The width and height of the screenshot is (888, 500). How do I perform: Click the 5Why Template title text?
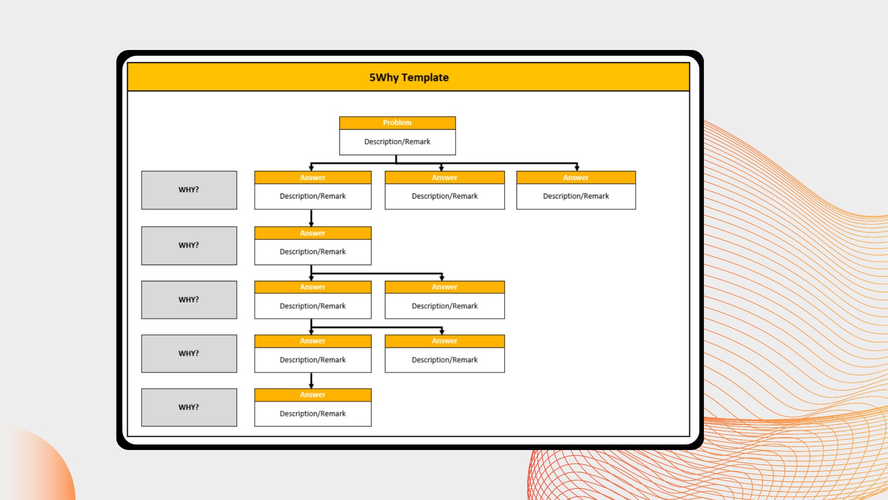coord(409,77)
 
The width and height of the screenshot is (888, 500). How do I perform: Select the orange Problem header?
coord(397,123)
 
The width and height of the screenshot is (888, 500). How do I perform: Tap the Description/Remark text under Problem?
coord(397,142)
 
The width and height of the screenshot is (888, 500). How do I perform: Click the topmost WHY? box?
coord(189,190)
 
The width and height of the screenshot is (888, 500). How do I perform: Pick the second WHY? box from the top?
coord(189,245)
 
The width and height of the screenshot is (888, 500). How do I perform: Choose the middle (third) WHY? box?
coord(189,300)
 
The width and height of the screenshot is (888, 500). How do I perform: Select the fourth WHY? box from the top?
coord(189,353)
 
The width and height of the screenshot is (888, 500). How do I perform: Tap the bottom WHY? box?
coord(189,407)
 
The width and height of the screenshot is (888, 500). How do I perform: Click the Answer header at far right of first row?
coord(576,177)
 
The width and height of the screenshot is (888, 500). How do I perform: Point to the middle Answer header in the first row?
coord(444,177)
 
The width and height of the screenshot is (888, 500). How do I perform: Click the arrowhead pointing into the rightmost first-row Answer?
coord(577,169)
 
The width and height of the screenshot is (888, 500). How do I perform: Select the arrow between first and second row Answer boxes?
coord(311,218)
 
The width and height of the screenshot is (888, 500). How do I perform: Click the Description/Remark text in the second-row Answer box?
coord(313,252)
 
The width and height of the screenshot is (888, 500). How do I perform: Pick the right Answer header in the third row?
coord(444,287)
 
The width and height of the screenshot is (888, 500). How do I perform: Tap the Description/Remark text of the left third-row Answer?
coord(313,306)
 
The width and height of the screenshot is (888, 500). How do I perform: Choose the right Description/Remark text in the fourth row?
coord(444,360)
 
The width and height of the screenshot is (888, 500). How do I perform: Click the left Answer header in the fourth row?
coord(313,341)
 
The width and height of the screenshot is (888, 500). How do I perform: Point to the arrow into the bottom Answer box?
coord(311,381)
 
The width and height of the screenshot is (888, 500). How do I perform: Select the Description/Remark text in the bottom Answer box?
coord(313,413)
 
